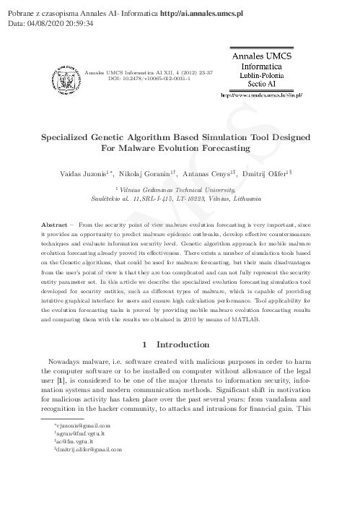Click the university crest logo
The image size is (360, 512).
(66, 75)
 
